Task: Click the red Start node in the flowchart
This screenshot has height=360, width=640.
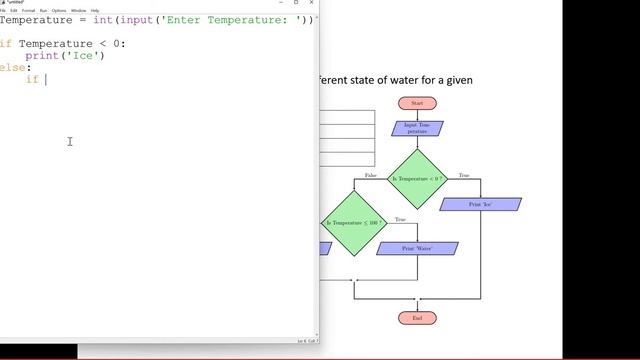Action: pyautogui.click(x=417, y=103)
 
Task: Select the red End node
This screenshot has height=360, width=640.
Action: pyautogui.click(x=417, y=318)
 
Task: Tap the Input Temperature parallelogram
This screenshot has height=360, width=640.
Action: pyautogui.click(x=417, y=129)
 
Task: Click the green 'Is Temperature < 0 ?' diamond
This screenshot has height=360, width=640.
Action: pyautogui.click(x=417, y=179)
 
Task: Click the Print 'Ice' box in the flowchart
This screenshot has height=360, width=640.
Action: pyautogui.click(x=480, y=204)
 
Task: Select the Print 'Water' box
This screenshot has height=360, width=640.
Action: pyautogui.click(x=417, y=248)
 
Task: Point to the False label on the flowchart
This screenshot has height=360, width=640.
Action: pyautogui.click(x=371, y=175)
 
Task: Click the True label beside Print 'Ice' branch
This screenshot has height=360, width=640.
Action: pyautogui.click(x=464, y=175)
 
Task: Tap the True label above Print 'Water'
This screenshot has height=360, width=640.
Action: pyautogui.click(x=400, y=219)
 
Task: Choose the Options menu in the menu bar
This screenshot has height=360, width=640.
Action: pyautogui.click(x=59, y=10)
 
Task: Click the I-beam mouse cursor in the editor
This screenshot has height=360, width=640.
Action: pyautogui.click(x=70, y=141)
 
